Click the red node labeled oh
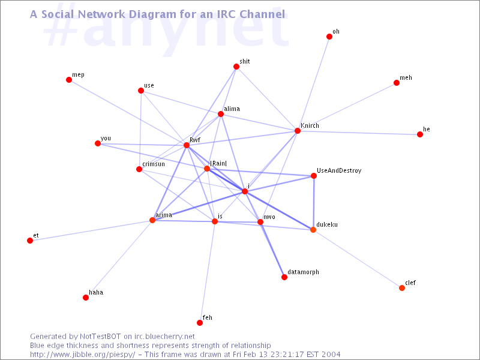coord(329,37)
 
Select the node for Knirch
coord(298,131)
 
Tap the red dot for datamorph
coord(284,277)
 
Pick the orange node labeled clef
coord(402,288)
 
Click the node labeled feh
coord(200,323)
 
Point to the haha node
coord(86,298)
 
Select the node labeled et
coord(30,241)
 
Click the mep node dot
coord(69,80)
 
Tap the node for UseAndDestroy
coord(314,176)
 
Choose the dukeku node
coord(313,230)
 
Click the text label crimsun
coord(154,164)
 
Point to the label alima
coord(232,109)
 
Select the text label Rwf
coord(195,140)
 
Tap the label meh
coord(406,78)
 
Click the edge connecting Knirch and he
coord(359,133)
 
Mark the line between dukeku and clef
coord(358,259)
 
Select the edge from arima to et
coord(91,230)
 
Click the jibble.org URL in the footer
coord(82,355)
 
